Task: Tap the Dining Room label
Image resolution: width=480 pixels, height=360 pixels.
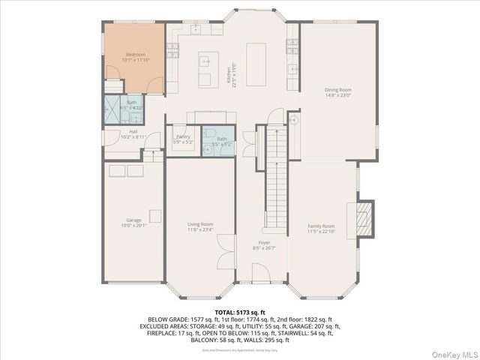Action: click(338, 92)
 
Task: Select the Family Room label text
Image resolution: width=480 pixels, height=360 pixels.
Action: click(321, 229)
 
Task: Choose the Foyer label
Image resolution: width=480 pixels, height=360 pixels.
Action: click(264, 245)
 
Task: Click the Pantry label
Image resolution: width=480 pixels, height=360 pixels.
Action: click(183, 139)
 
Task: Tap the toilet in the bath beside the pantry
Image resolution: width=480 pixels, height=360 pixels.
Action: click(209, 148)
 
